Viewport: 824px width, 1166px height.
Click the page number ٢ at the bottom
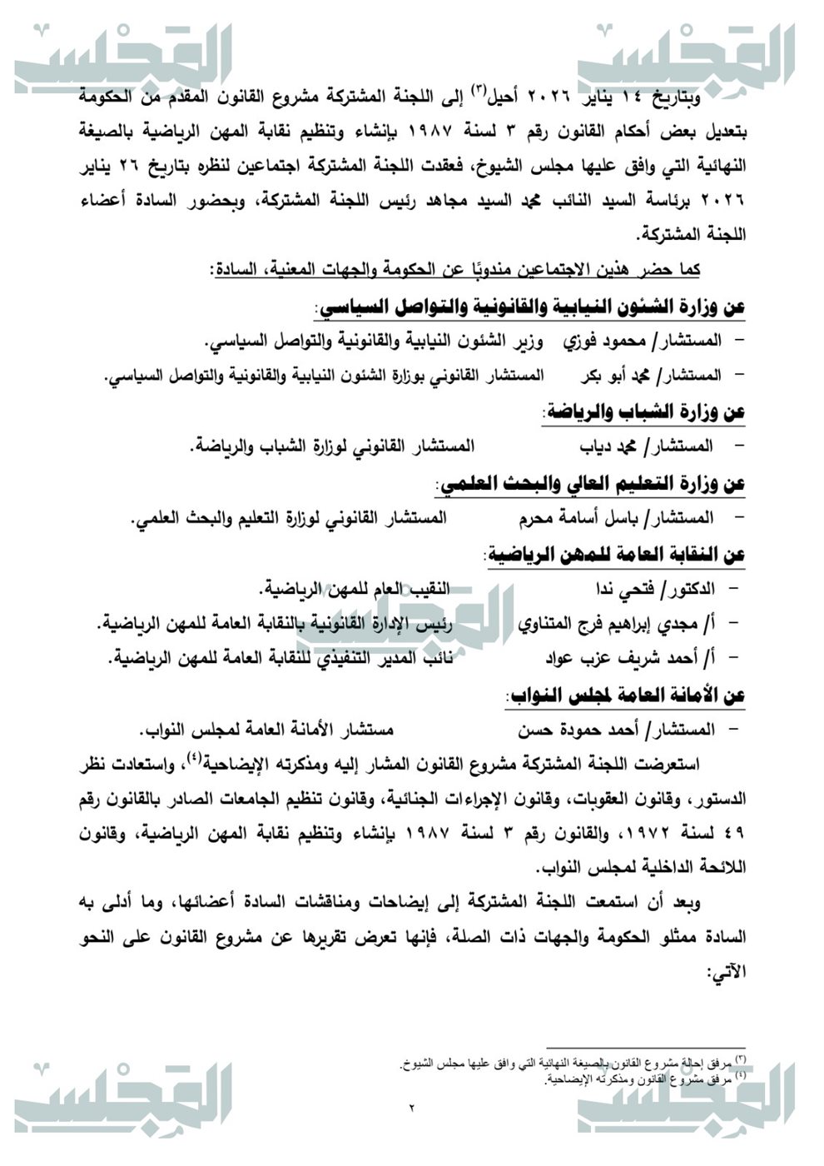coord(412,1109)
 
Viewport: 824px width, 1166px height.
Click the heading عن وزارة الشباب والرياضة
coord(643,411)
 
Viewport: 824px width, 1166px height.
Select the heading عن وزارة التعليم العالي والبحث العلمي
coord(590,483)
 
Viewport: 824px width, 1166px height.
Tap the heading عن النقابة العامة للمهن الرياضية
coord(615,554)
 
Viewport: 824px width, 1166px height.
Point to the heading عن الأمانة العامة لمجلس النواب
coord(625,695)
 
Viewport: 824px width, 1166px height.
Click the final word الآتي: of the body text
coord(726,971)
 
